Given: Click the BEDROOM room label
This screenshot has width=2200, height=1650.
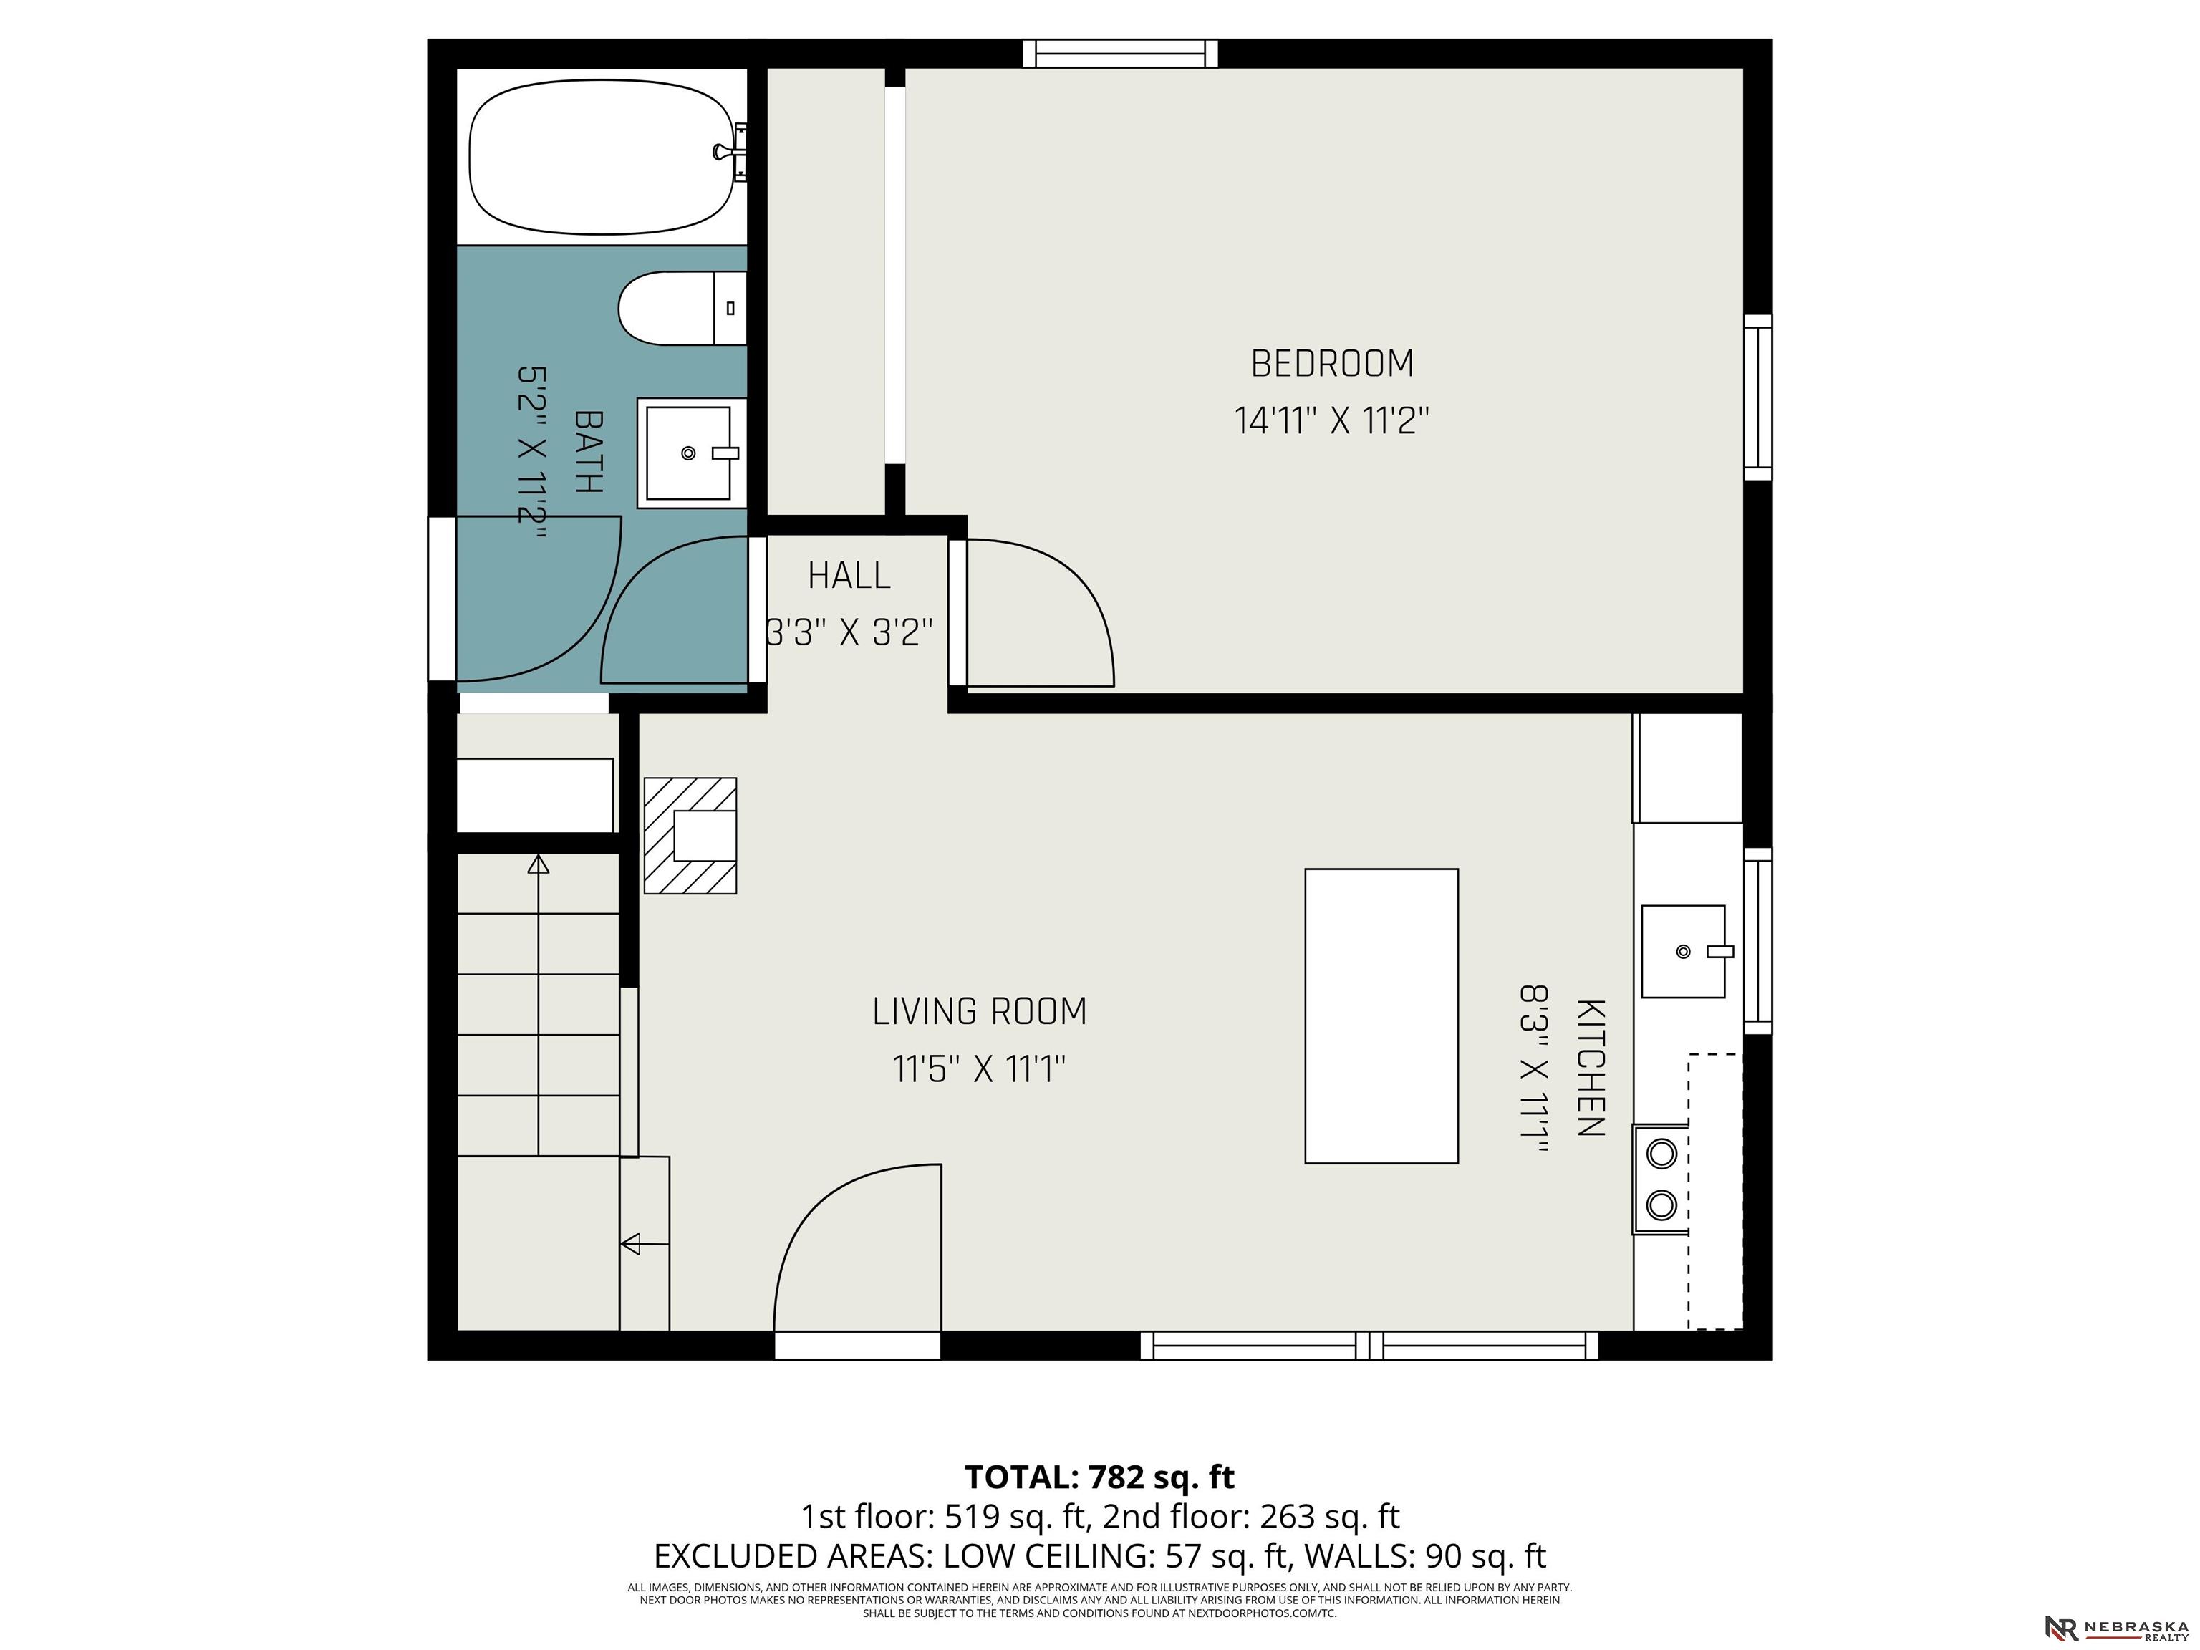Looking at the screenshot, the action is pos(1332,364).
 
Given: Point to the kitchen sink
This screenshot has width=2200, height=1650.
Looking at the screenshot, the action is pos(1684,951).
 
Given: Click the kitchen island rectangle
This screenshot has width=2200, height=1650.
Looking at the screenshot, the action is pos(1381,1015).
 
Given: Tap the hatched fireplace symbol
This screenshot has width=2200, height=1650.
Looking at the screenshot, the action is pos(690,836).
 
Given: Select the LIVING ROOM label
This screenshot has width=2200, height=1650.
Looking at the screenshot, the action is pos(980,1011).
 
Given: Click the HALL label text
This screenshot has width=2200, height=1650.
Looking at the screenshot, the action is pos(849,576).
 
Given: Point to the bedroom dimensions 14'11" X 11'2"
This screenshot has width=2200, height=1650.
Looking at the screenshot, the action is pos(1332,420).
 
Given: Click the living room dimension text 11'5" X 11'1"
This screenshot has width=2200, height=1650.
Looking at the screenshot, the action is pos(980,1070).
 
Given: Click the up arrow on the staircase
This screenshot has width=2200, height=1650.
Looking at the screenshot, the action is pos(538,1005).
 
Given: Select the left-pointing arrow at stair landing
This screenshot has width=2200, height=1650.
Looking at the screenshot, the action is pos(645,1243).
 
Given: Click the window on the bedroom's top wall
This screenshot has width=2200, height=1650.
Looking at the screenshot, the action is pos(1121,53).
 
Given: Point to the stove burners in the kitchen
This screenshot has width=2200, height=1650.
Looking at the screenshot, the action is pos(1661,1179).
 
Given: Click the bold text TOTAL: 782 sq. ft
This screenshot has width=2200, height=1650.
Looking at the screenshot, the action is pos(1100,1477).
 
